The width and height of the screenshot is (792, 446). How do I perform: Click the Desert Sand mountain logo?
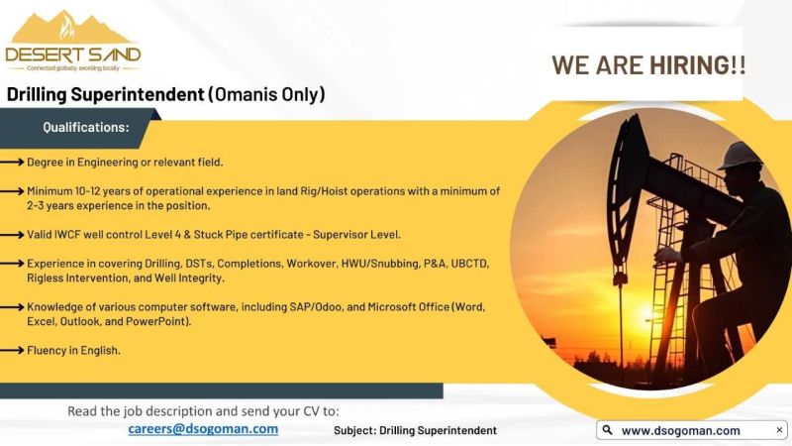coord(72,42)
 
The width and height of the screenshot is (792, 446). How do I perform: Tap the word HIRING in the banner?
coord(689,65)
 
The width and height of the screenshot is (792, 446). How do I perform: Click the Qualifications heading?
coord(86,127)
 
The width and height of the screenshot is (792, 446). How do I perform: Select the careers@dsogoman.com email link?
coord(203,429)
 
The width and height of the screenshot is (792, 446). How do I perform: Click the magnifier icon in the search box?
coord(608,430)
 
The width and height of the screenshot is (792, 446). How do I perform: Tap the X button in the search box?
coord(779,430)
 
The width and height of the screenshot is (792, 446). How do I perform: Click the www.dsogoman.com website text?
coord(681,431)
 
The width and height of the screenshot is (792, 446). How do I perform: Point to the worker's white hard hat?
coord(740,156)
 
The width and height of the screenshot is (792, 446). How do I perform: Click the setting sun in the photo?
coord(647,313)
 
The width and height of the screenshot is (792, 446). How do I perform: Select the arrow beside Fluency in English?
coord(12,350)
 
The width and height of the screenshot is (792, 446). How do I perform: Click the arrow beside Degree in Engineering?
coord(12,162)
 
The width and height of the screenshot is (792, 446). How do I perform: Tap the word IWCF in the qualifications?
coord(67,235)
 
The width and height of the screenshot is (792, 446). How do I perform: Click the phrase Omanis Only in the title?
coord(266,94)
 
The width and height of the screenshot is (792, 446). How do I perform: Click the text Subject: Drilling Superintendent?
coord(415,430)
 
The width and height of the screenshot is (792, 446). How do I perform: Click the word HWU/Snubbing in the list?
coord(380,264)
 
